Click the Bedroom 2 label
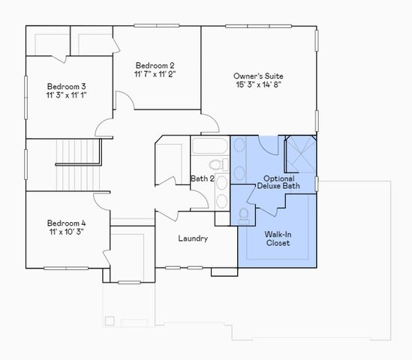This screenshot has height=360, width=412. click(156, 64)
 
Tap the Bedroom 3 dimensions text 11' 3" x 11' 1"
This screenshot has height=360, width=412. click(66, 95)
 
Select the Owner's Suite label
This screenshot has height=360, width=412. click(258, 76)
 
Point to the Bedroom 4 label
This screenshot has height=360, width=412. click(66, 223)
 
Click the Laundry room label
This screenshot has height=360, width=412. click(193, 238)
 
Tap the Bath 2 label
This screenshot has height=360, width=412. click(202, 178)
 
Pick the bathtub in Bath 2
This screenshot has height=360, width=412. click(211, 145)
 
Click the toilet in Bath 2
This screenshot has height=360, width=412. click(216, 164)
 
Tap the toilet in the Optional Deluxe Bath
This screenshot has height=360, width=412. click(243, 214)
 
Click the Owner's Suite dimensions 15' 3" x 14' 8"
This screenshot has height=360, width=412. click(258, 86)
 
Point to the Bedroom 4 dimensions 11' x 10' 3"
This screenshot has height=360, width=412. click(66, 232)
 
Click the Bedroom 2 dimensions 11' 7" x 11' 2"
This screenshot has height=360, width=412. click(156, 74)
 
